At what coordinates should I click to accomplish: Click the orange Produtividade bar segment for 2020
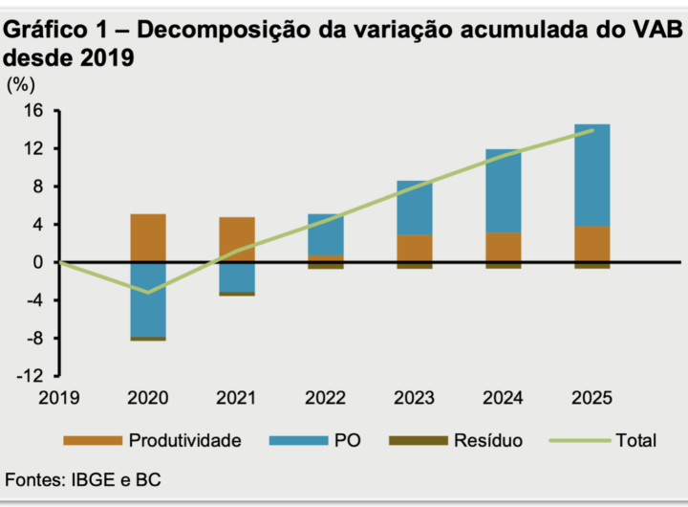pyautogui.click(x=148, y=237)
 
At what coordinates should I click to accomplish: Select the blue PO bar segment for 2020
pyautogui.click(x=148, y=298)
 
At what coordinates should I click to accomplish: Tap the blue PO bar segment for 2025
pyautogui.click(x=592, y=175)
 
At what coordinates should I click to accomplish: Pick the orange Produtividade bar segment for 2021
pyautogui.click(x=237, y=239)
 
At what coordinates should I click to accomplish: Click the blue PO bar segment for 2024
pyautogui.click(x=504, y=191)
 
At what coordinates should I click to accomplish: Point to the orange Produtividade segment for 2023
pyautogui.click(x=415, y=248)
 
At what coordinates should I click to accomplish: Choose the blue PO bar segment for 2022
pyautogui.click(x=326, y=234)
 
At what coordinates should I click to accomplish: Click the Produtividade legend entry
pyautogui.click(x=152, y=440)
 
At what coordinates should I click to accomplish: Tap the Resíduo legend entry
pyautogui.click(x=456, y=440)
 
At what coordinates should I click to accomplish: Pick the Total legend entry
pyautogui.click(x=603, y=440)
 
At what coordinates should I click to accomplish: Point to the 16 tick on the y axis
pyautogui.click(x=34, y=111)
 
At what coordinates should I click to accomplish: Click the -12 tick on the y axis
pyautogui.click(x=31, y=376)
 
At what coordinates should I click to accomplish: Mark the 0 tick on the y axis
pyautogui.click(x=39, y=262)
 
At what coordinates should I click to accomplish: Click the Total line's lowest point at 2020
pyautogui.click(x=148, y=293)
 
